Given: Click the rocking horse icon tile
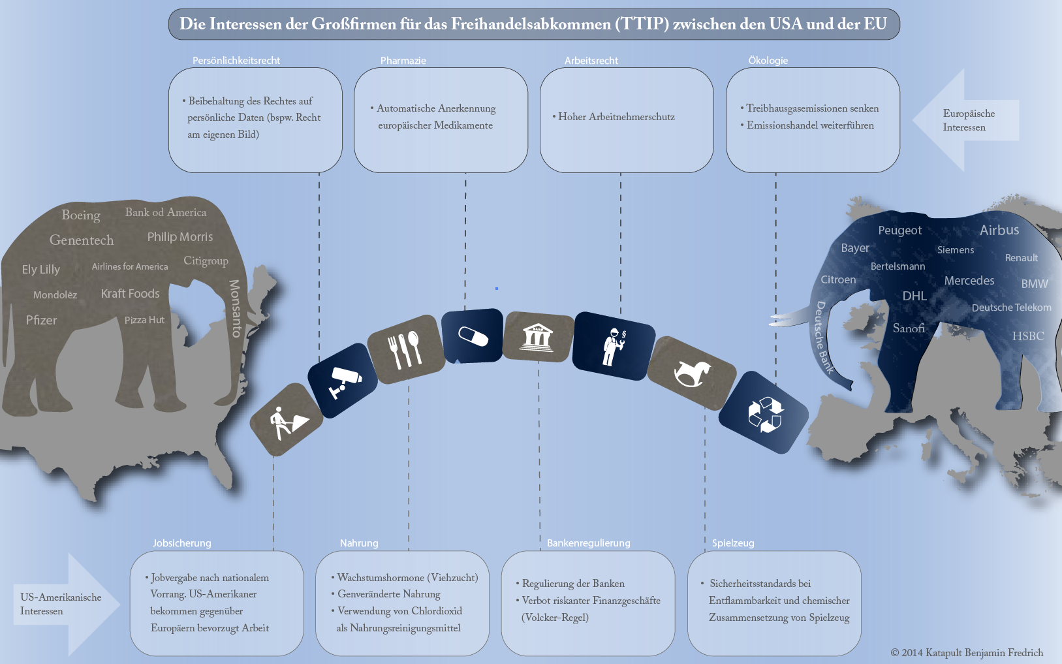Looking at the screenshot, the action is point(692,373).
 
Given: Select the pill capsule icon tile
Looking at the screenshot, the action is point(472,336).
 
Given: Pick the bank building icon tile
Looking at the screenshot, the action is point(538,337).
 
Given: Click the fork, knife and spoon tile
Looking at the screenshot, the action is point(406,349).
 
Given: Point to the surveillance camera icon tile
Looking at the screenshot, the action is point(343,381).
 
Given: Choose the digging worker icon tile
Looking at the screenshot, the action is point(287,420).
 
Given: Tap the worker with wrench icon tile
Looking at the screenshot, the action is point(614,346).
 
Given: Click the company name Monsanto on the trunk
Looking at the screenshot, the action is point(235,308).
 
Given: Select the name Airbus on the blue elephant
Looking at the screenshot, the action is point(999,230).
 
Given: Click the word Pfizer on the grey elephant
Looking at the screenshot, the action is point(41,320).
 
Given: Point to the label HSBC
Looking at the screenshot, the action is point(1028,336).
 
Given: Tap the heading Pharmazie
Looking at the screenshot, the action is point(403,61).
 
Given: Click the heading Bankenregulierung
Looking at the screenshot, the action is point(588,543).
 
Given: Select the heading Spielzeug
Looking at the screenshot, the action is point(733,543).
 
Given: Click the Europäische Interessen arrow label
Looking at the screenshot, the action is point(969,121).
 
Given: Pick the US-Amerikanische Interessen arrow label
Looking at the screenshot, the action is point(61,604).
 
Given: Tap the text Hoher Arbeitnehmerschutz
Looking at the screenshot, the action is point(616,117).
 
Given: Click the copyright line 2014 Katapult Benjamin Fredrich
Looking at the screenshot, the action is point(967,653).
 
